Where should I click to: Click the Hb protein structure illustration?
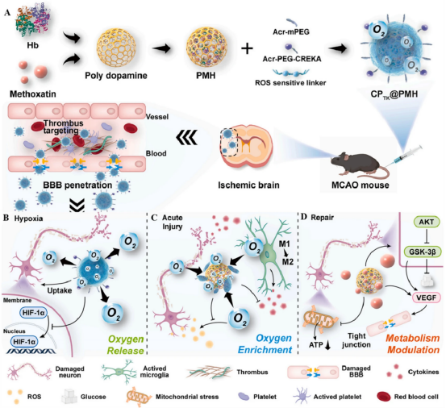coord(32,20)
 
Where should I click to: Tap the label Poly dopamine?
coord(116,75)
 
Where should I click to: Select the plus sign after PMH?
coord(247,48)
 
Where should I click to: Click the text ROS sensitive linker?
coord(290,83)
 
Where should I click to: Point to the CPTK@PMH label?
coord(394,94)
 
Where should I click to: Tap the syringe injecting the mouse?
coord(407,155)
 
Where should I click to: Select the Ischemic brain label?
coord(248,185)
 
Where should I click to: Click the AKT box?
coord(427,222)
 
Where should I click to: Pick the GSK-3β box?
coord(423,252)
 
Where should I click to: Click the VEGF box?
coord(426,298)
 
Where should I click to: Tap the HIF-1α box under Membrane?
coord(34,313)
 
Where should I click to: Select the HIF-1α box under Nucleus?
coord(24,341)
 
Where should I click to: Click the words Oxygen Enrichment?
coord(265,343)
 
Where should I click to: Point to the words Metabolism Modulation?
coord(413,343)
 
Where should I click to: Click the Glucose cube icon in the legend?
coord(69,397)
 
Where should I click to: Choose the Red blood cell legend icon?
coord(383,397)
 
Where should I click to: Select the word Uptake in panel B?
coord(60,290)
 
